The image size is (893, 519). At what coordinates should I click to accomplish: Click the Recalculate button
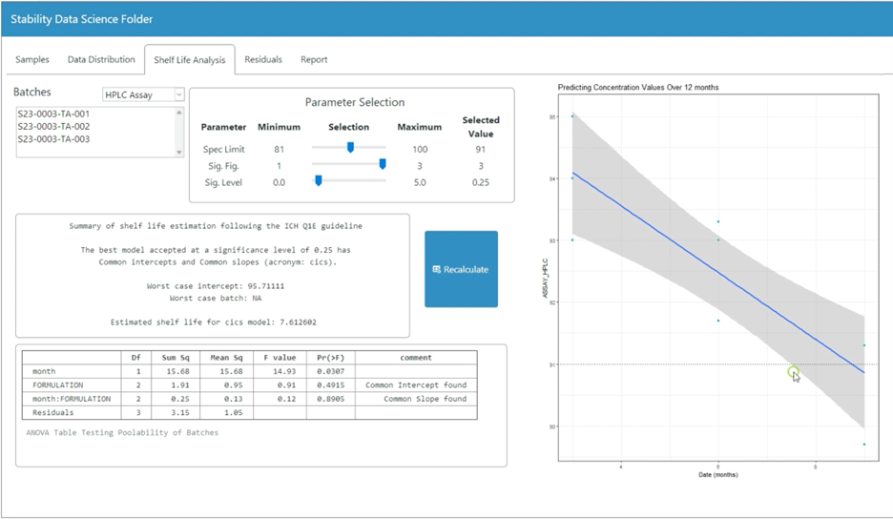click(461, 269)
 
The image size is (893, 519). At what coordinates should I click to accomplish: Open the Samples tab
click(32, 59)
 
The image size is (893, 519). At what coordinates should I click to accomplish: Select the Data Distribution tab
click(101, 59)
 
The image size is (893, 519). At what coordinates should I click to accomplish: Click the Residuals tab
click(263, 59)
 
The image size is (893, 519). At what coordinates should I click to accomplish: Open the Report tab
click(314, 59)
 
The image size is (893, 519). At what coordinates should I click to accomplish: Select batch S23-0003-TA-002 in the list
click(53, 126)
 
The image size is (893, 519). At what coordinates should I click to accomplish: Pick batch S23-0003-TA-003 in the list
click(53, 139)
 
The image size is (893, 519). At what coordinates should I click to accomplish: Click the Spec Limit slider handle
click(350, 148)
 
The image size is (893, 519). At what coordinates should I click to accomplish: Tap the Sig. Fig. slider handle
click(383, 164)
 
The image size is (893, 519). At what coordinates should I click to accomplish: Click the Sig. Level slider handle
click(318, 180)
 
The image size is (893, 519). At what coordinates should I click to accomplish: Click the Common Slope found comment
click(425, 399)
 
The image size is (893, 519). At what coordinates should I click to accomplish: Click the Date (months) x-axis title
click(717, 474)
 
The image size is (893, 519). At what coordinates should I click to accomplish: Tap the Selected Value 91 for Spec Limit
click(480, 149)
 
